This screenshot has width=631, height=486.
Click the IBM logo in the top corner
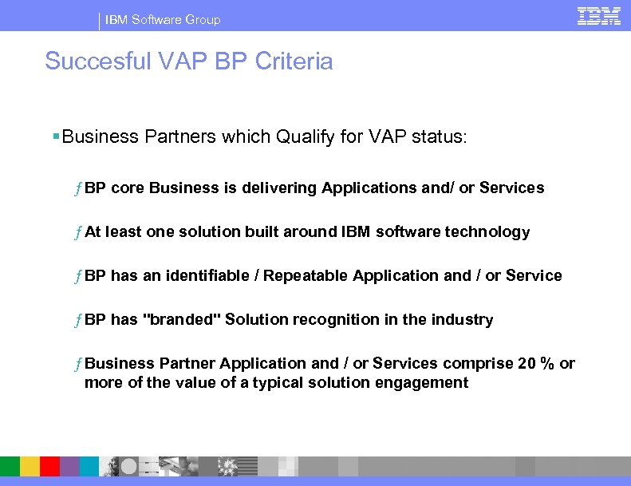599,16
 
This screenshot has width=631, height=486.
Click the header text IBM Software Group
163,19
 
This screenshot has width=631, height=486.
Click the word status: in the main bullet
444,136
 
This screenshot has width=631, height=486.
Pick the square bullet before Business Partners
55,136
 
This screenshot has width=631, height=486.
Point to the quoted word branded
181,319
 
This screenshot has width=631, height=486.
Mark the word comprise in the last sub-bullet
478,364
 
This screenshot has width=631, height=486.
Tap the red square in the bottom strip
50,467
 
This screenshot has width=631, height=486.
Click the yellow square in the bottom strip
30,467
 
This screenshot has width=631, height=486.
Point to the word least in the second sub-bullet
124,232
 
